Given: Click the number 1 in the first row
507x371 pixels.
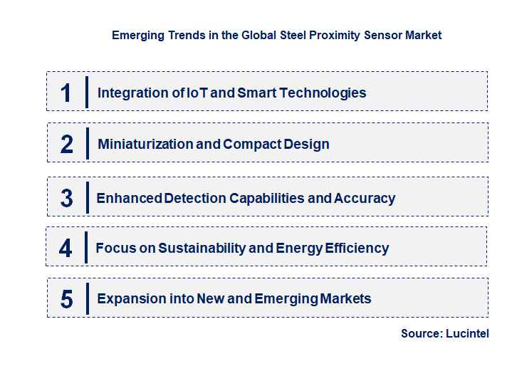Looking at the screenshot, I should click(66, 93).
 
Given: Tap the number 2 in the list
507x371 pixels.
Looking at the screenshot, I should click(67, 145).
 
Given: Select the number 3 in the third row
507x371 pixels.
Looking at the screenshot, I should click(66, 199).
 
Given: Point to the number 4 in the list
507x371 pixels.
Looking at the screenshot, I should click(66, 249).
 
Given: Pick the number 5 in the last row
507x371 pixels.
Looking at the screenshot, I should click(66, 299).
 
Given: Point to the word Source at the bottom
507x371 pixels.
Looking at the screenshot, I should click(420, 333).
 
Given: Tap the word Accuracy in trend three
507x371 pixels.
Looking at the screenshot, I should click(365, 199).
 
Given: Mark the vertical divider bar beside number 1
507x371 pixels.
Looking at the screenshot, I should click(86, 92).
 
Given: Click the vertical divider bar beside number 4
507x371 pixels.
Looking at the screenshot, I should click(85, 247).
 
